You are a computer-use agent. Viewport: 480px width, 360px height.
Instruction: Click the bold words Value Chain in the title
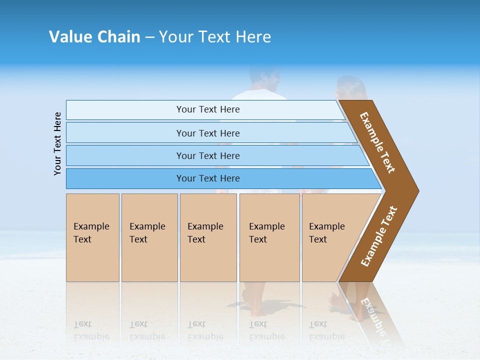tap(94, 37)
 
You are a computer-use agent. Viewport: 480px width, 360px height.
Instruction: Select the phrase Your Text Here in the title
tap(215, 37)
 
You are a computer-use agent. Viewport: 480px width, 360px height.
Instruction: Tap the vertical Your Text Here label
tap(57, 143)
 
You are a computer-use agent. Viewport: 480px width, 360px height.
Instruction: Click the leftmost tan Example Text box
tap(92, 237)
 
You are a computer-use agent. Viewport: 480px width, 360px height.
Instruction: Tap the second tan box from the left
tap(149, 237)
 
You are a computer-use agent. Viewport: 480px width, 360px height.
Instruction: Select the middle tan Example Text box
tap(208, 237)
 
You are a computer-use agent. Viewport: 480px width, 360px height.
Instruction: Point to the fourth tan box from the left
tap(269, 237)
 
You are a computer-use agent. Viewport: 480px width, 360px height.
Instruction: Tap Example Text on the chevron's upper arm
tap(377, 142)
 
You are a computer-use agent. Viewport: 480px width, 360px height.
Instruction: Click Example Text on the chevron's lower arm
tap(379, 236)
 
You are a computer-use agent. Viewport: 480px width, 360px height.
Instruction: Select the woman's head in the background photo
tap(350, 88)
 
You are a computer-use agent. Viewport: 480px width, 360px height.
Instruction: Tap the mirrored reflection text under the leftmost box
tap(91, 330)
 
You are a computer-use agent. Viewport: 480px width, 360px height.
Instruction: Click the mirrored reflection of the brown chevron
tap(370, 310)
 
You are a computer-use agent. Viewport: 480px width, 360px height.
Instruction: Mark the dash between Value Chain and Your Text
tap(149, 37)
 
